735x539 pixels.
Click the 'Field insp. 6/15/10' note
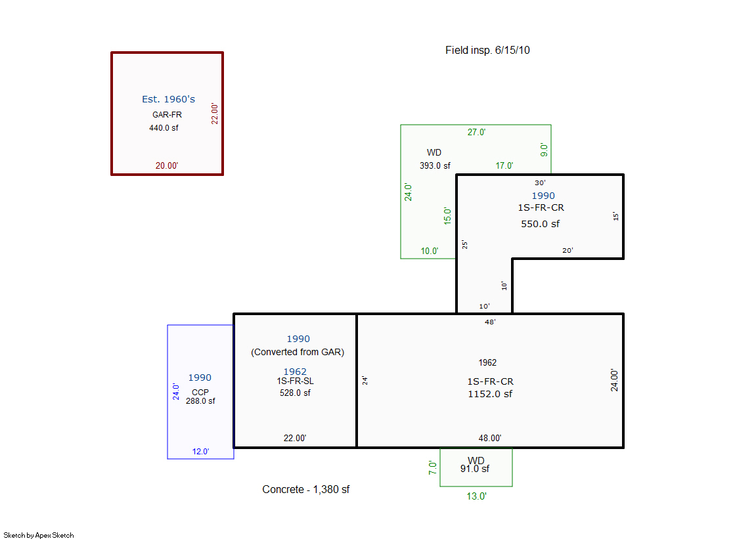(x=487, y=50)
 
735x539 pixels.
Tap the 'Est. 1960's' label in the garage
(x=168, y=99)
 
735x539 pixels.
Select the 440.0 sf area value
(x=164, y=127)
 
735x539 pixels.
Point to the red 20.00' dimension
(x=167, y=165)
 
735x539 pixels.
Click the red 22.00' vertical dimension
(x=215, y=114)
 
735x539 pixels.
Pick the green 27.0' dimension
(x=476, y=132)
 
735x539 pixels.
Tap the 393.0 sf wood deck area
(x=435, y=165)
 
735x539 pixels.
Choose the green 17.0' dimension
(x=504, y=165)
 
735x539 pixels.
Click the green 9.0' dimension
(x=544, y=150)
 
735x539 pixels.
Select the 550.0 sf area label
(x=540, y=224)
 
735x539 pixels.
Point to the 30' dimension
(x=540, y=183)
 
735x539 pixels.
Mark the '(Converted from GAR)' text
(x=298, y=352)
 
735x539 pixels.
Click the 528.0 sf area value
(x=295, y=393)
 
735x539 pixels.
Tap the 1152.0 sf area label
(x=490, y=394)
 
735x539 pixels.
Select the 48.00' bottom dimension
(x=490, y=438)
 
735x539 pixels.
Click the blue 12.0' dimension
(x=200, y=451)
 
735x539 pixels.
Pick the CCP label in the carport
(x=200, y=393)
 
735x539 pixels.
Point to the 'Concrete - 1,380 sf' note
(x=305, y=489)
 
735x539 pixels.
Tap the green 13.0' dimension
(x=476, y=496)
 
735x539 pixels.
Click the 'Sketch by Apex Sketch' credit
(x=39, y=535)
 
